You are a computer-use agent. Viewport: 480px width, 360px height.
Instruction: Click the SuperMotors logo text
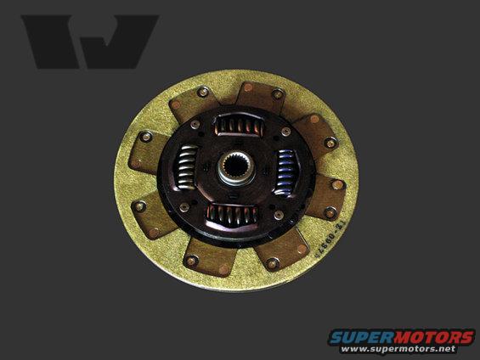tap(402, 336)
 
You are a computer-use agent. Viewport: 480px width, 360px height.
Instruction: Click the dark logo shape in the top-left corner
tap(88, 41)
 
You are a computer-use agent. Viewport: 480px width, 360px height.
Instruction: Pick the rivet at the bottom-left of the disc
tap(192, 260)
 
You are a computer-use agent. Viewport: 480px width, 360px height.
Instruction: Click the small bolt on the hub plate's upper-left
tap(195, 125)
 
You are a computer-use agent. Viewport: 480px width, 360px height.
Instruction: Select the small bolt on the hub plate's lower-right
tap(278, 215)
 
